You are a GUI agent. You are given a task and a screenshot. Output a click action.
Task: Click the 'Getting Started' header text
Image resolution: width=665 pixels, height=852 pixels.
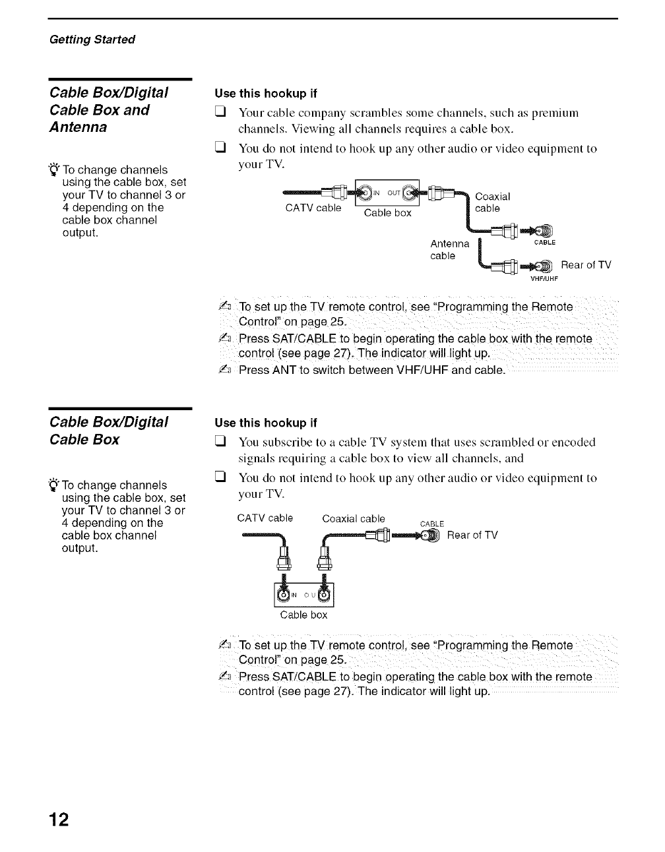[x=92, y=40]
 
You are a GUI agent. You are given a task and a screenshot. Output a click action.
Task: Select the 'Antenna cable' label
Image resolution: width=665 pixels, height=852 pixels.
[x=449, y=250]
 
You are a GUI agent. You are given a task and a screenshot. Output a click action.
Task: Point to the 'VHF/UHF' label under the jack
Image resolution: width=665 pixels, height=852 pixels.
[x=544, y=278]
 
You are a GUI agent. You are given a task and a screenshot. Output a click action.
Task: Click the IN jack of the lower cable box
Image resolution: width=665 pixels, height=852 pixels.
[x=284, y=595]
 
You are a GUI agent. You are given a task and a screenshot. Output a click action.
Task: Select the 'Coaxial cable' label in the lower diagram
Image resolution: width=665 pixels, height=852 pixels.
[x=353, y=519]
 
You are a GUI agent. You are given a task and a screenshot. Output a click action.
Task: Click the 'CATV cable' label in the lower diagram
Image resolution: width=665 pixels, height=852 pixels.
[x=265, y=518]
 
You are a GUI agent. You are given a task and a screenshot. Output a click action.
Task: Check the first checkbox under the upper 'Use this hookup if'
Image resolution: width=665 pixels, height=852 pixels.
[x=220, y=113]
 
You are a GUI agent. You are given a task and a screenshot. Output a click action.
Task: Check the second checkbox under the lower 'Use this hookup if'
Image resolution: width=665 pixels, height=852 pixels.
[x=220, y=478]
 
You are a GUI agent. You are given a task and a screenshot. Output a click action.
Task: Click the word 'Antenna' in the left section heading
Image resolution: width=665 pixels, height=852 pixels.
[x=79, y=127]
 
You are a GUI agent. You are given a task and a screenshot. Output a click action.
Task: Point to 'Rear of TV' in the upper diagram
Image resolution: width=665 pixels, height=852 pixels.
[x=586, y=265]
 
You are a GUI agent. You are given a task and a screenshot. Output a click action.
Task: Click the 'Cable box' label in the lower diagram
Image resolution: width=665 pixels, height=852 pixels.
[x=303, y=615]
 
